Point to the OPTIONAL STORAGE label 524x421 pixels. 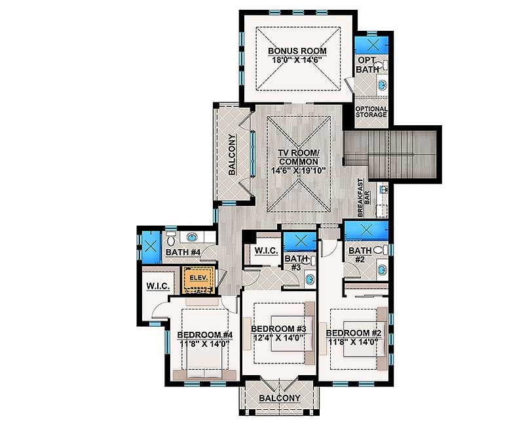coord(371,112)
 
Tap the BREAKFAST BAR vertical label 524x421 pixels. coord(364,197)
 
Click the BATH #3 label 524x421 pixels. coord(292,262)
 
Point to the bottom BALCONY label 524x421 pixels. coord(280,398)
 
